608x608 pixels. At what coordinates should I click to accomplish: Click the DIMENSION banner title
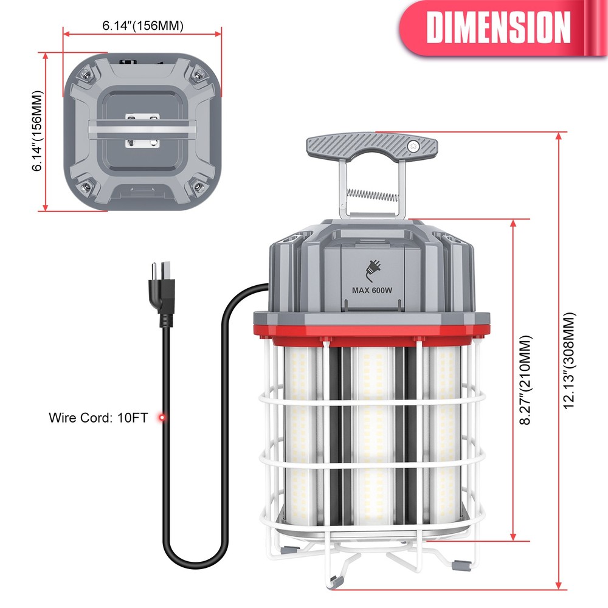tap(499, 27)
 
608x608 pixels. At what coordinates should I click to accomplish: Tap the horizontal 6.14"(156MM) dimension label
tap(142, 26)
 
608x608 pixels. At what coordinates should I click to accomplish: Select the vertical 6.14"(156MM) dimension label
tap(38, 131)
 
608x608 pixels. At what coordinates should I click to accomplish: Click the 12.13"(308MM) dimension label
tap(569, 361)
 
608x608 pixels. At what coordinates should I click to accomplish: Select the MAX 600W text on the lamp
tap(372, 290)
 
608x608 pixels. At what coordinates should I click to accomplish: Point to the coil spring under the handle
tap(372, 195)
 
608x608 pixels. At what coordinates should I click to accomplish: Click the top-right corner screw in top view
tap(198, 75)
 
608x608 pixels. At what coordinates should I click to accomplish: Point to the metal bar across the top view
tap(142, 130)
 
